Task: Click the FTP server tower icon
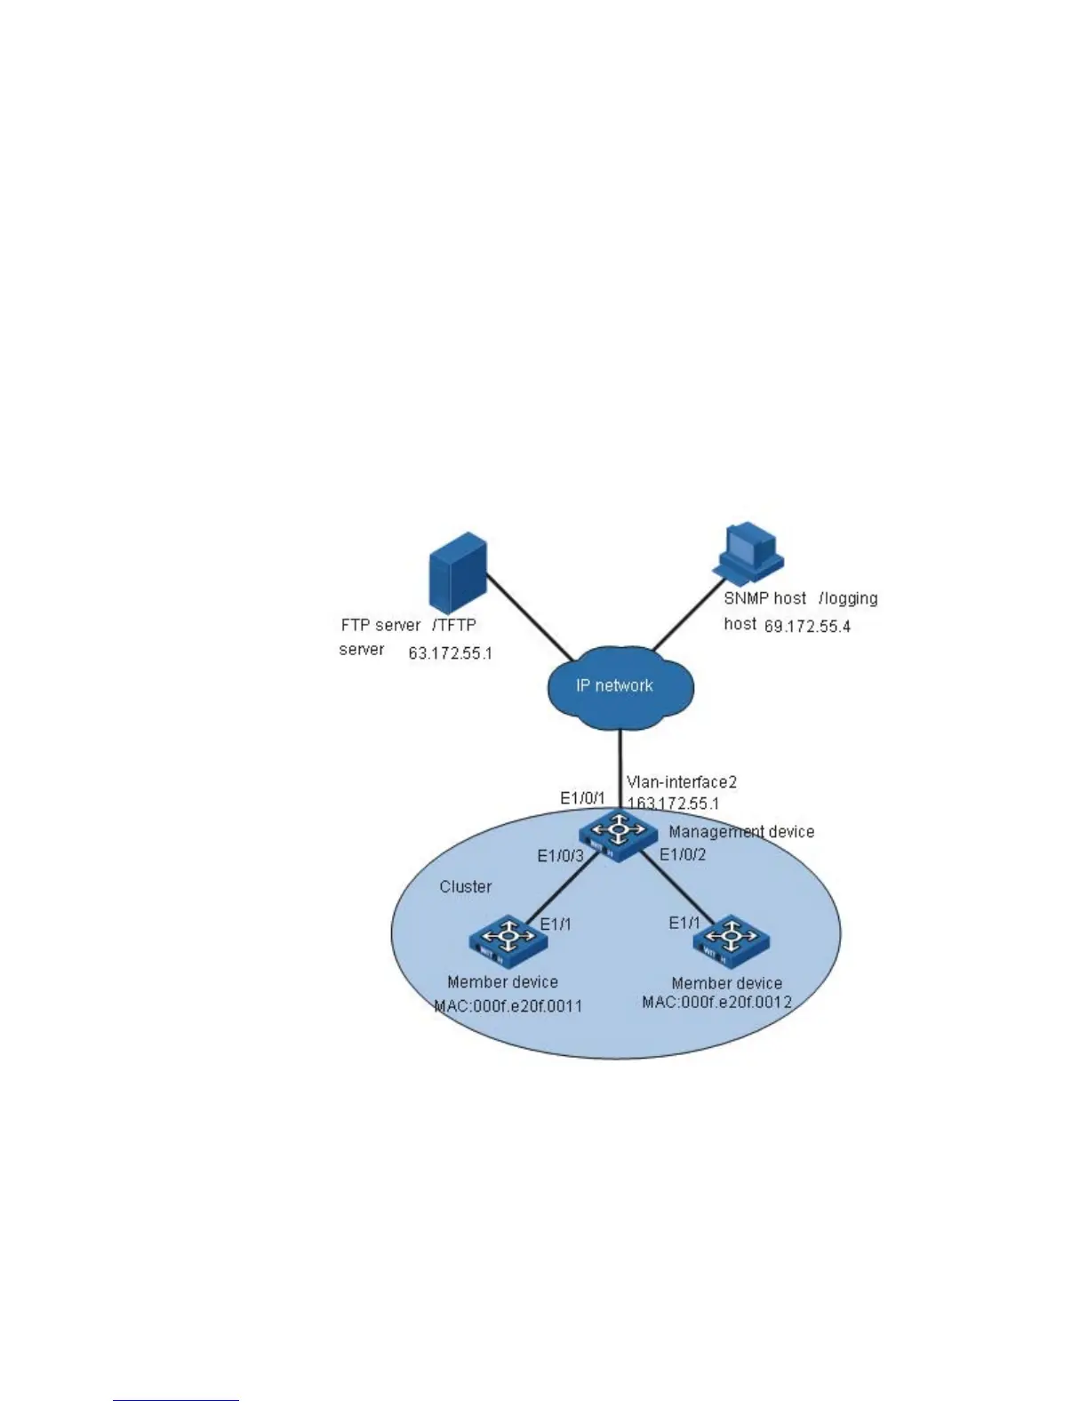pyautogui.click(x=458, y=572)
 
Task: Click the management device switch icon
pyautogui.click(x=619, y=834)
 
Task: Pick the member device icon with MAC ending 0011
pyautogui.click(x=508, y=939)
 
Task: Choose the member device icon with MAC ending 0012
pyautogui.click(x=731, y=939)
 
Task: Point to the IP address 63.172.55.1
pyautogui.click(x=450, y=653)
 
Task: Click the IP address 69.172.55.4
pyautogui.click(x=807, y=627)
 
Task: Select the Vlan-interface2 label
pyautogui.click(x=682, y=782)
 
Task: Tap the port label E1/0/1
pyautogui.click(x=582, y=798)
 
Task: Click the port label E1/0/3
pyautogui.click(x=560, y=856)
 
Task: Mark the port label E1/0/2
pyautogui.click(x=683, y=855)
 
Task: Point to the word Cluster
pyautogui.click(x=466, y=887)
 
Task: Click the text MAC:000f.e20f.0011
pyautogui.click(x=508, y=1007)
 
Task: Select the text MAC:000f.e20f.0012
pyautogui.click(x=717, y=1003)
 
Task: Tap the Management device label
pyautogui.click(x=741, y=832)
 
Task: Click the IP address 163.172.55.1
pyautogui.click(x=674, y=803)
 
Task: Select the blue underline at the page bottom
pyautogui.click(x=176, y=1400)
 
